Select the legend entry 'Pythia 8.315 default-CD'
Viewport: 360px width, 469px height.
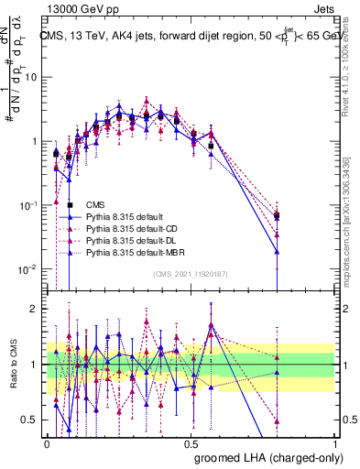point(132,228)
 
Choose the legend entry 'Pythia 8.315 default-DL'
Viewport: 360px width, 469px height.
point(132,240)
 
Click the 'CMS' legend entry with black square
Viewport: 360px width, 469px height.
point(94,204)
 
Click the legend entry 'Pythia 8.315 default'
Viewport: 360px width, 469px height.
point(123,216)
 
